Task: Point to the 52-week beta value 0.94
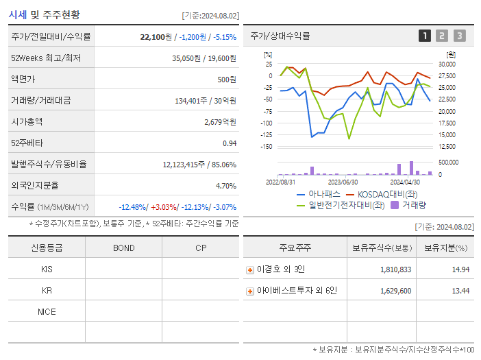click(230, 143)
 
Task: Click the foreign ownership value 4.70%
click(225, 185)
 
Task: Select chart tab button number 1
click(425, 36)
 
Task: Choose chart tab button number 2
click(442, 36)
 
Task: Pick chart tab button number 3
click(459, 36)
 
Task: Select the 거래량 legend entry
click(409, 204)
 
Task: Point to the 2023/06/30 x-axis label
click(343, 182)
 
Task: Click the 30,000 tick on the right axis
click(446, 64)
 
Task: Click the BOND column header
click(123, 248)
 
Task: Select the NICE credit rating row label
click(47, 311)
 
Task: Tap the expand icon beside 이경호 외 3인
click(250, 270)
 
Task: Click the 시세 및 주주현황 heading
click(44, 14)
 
